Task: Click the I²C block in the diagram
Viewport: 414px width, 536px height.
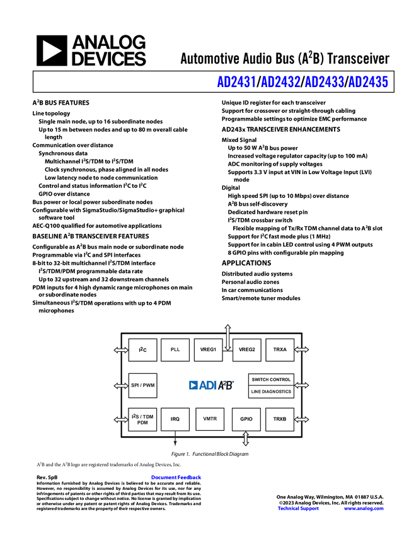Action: point(142,349)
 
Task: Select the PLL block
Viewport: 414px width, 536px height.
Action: point(175,349)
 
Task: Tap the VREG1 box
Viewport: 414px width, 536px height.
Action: point(208,349)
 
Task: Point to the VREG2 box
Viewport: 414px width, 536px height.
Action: point(247,349)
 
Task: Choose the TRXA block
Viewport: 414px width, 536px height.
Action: point(280,349)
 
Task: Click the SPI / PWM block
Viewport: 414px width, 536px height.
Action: point(142,385)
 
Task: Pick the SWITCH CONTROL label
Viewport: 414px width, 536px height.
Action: point(271,380)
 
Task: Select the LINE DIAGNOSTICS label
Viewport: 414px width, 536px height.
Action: point(271,392)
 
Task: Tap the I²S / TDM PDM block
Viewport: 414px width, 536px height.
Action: point(142,419)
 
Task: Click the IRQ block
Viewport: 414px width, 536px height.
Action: point(175,419)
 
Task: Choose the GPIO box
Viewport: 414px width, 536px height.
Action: point(246,419)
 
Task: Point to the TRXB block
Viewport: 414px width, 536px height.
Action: point(280,419)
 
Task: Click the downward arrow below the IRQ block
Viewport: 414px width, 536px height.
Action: point(175,440)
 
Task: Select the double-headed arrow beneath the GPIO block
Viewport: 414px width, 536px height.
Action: point(246,440)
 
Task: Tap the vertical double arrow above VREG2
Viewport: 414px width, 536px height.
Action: point(227,334)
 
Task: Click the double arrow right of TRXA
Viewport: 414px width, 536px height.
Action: point(302,349)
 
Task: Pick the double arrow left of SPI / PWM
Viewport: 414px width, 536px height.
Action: point(120,385)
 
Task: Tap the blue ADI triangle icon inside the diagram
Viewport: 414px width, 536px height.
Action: point(193,385)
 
